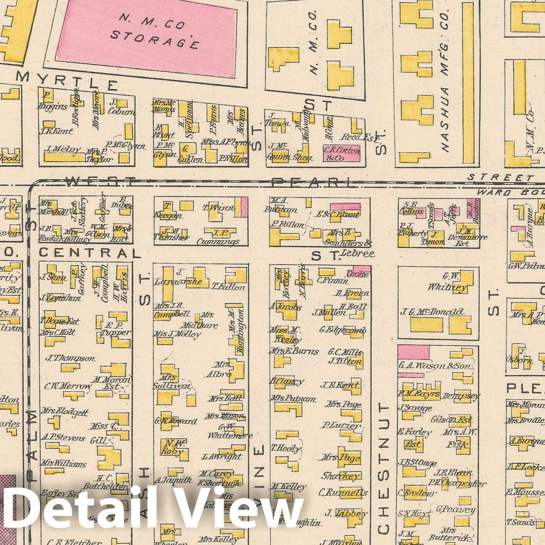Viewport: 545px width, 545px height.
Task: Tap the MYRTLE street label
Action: click(67, 80)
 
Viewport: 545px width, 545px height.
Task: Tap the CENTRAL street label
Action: click(90, 253)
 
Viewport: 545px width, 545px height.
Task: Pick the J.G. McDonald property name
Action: click(432, 312)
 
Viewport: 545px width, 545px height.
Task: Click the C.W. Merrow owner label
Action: click(67, 386)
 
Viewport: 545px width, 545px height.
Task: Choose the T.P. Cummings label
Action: click(218, 237)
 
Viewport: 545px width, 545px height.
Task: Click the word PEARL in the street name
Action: click(313, 183)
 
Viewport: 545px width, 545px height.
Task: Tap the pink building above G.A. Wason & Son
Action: click(413, 352)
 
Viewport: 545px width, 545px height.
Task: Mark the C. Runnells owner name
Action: click(343, 493)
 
